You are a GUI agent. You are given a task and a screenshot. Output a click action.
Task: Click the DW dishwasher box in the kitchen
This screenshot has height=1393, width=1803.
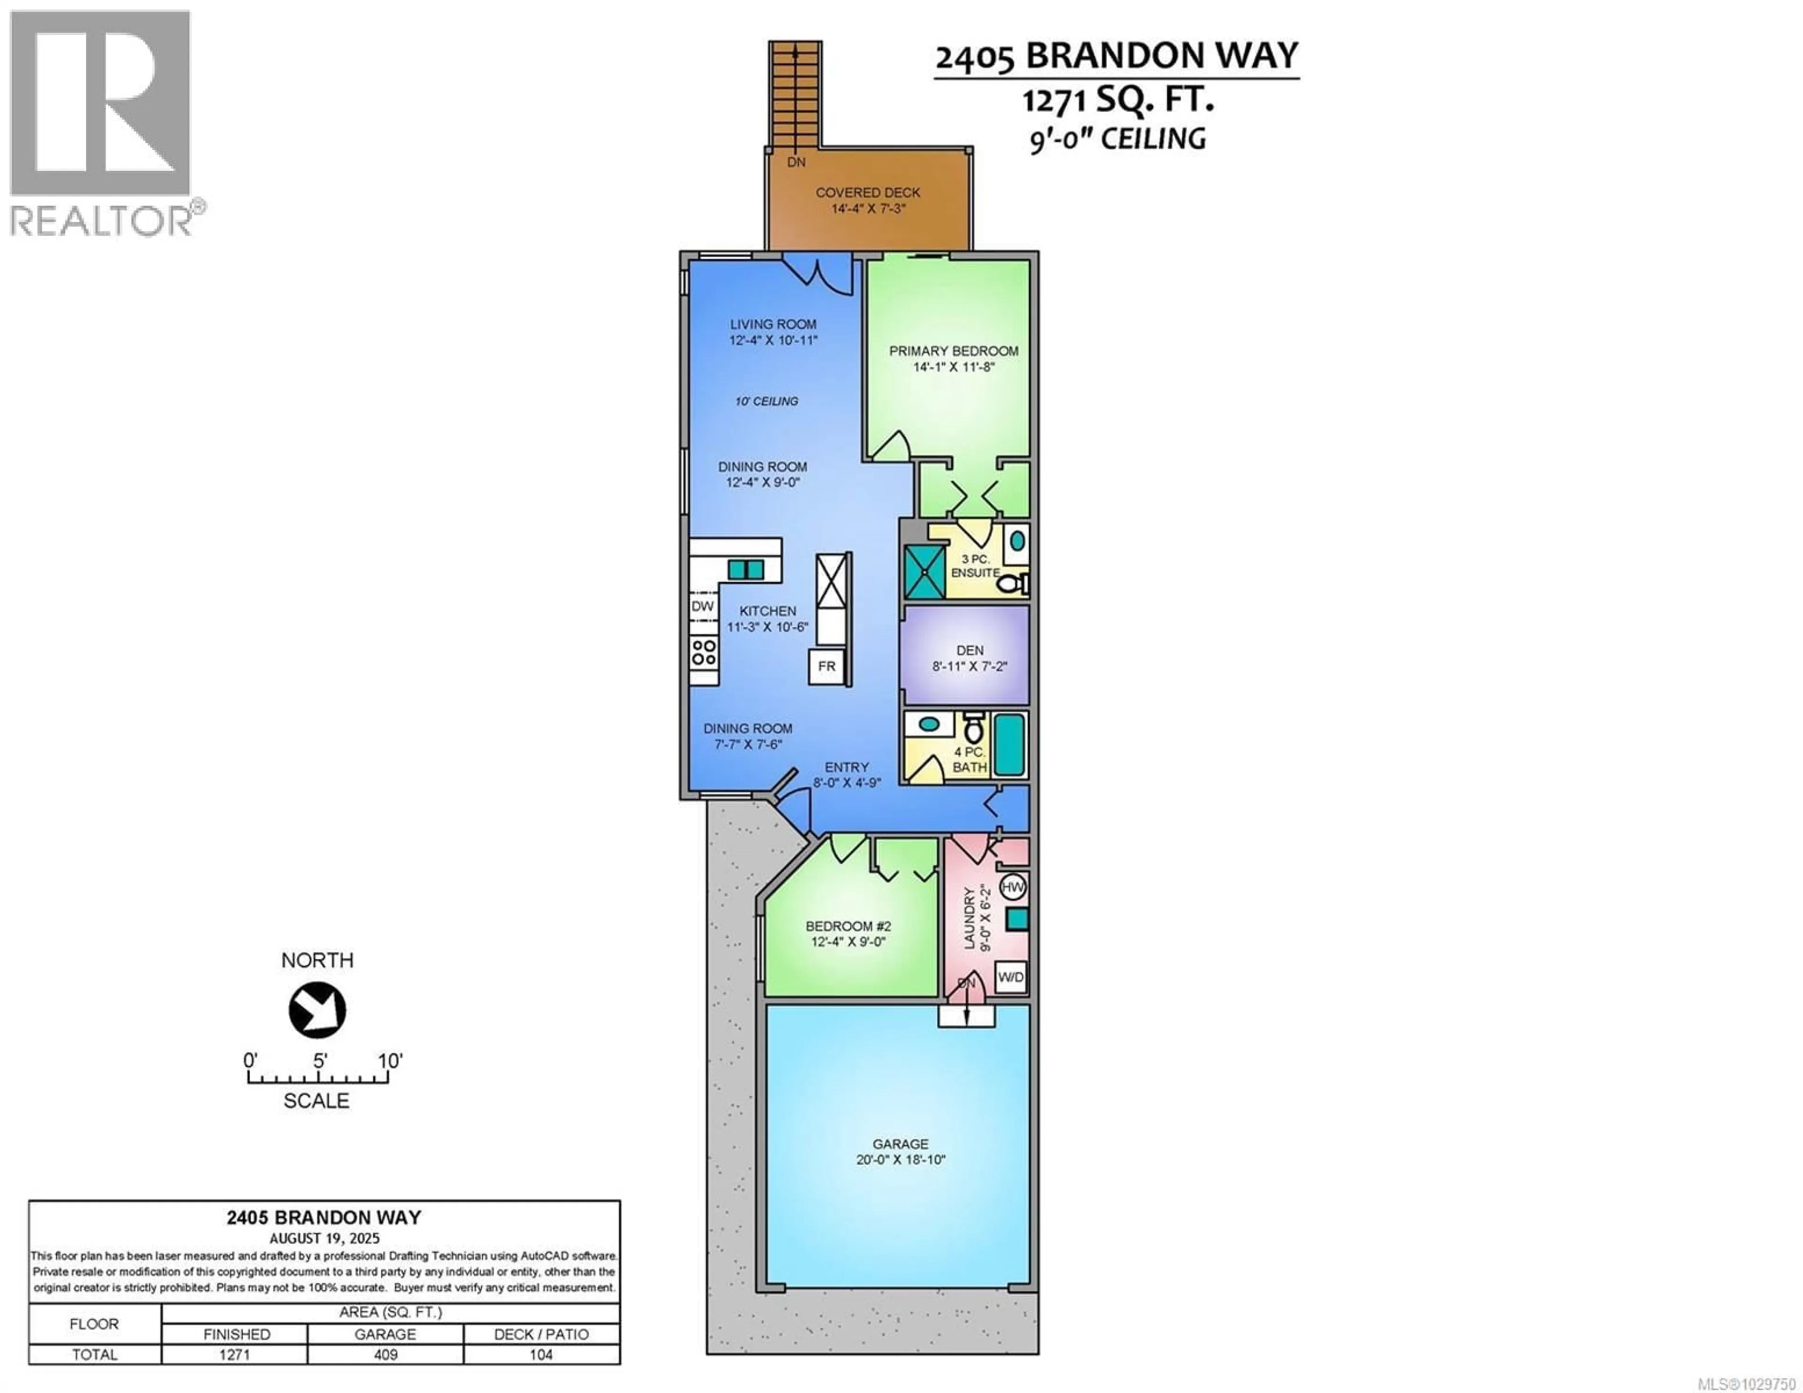(x=702, y=606)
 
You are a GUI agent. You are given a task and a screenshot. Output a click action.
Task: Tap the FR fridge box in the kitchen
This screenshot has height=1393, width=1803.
(x=826, y=666)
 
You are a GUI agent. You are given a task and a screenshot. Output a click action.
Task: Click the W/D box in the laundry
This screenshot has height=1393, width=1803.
(x=1010, y=977)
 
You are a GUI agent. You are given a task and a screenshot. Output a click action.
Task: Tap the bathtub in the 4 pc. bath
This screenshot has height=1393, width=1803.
(x=1009, y=745)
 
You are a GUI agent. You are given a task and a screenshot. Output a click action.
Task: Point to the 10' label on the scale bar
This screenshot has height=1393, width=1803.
(x=390, y=1060)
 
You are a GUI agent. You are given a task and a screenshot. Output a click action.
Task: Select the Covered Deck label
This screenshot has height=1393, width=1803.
(x=868, y=192)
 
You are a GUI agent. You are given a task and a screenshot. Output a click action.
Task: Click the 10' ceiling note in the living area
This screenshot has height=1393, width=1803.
(x=766, y=401)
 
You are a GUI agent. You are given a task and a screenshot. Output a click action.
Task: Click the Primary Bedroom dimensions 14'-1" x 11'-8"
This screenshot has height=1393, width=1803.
(x=954, y=367)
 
